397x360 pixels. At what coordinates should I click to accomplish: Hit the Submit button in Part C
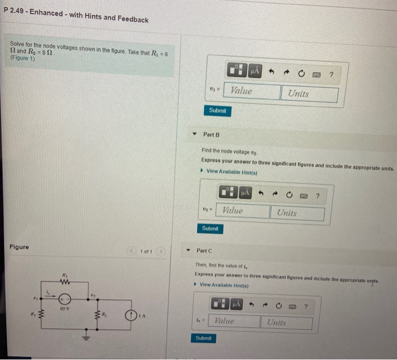[x=203, y=338]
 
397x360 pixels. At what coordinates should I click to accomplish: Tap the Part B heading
[x=211, y=135]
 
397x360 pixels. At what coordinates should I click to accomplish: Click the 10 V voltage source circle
[x=66, y=298]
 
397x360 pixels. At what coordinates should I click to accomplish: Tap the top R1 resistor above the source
[x=66, y=281]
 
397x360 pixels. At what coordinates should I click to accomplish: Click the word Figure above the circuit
[x=19, y=247]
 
